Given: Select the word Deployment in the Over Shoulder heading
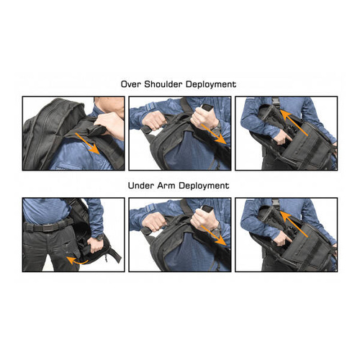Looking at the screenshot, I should pyautogui.click(x=214, y=85).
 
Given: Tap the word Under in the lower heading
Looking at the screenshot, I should pyautogui.click(x=141, y=186).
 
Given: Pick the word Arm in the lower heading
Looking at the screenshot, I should pyautogui.click(x=169, y=186).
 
